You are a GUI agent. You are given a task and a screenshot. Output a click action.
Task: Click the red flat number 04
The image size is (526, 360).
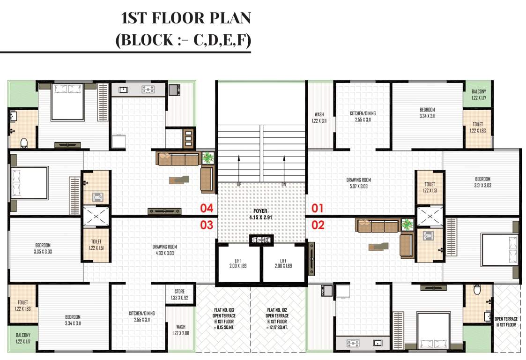point(207,209)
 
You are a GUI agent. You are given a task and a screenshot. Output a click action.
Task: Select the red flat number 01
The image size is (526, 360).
point(318,208)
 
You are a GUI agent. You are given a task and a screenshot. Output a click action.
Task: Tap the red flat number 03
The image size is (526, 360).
point(207,225)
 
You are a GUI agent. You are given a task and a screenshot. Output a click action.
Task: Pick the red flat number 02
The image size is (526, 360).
point(318,225)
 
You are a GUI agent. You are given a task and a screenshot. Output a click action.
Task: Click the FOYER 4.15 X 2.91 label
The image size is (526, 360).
point(260,214)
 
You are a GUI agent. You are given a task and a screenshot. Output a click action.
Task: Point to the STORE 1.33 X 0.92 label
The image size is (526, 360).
point(180,294)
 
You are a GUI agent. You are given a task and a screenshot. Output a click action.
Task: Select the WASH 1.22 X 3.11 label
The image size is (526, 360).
point(319,118)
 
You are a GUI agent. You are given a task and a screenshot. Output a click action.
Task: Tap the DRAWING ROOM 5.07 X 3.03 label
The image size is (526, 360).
point(359,183)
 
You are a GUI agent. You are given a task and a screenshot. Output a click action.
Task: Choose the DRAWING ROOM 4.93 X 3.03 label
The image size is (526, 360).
point(164,250)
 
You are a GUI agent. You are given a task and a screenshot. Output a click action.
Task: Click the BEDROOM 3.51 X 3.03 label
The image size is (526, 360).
point(483,182)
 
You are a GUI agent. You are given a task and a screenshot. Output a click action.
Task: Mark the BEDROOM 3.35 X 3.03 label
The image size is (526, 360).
point(43,248)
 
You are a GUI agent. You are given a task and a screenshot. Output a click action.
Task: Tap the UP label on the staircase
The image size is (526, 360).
point(239,185)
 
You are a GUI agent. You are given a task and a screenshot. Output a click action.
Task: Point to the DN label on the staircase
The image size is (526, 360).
point(283,185)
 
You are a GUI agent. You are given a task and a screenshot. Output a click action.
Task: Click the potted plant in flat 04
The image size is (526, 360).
point(208,157)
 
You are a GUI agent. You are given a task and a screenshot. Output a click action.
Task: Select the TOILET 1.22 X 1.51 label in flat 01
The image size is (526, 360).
point(430,187)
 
